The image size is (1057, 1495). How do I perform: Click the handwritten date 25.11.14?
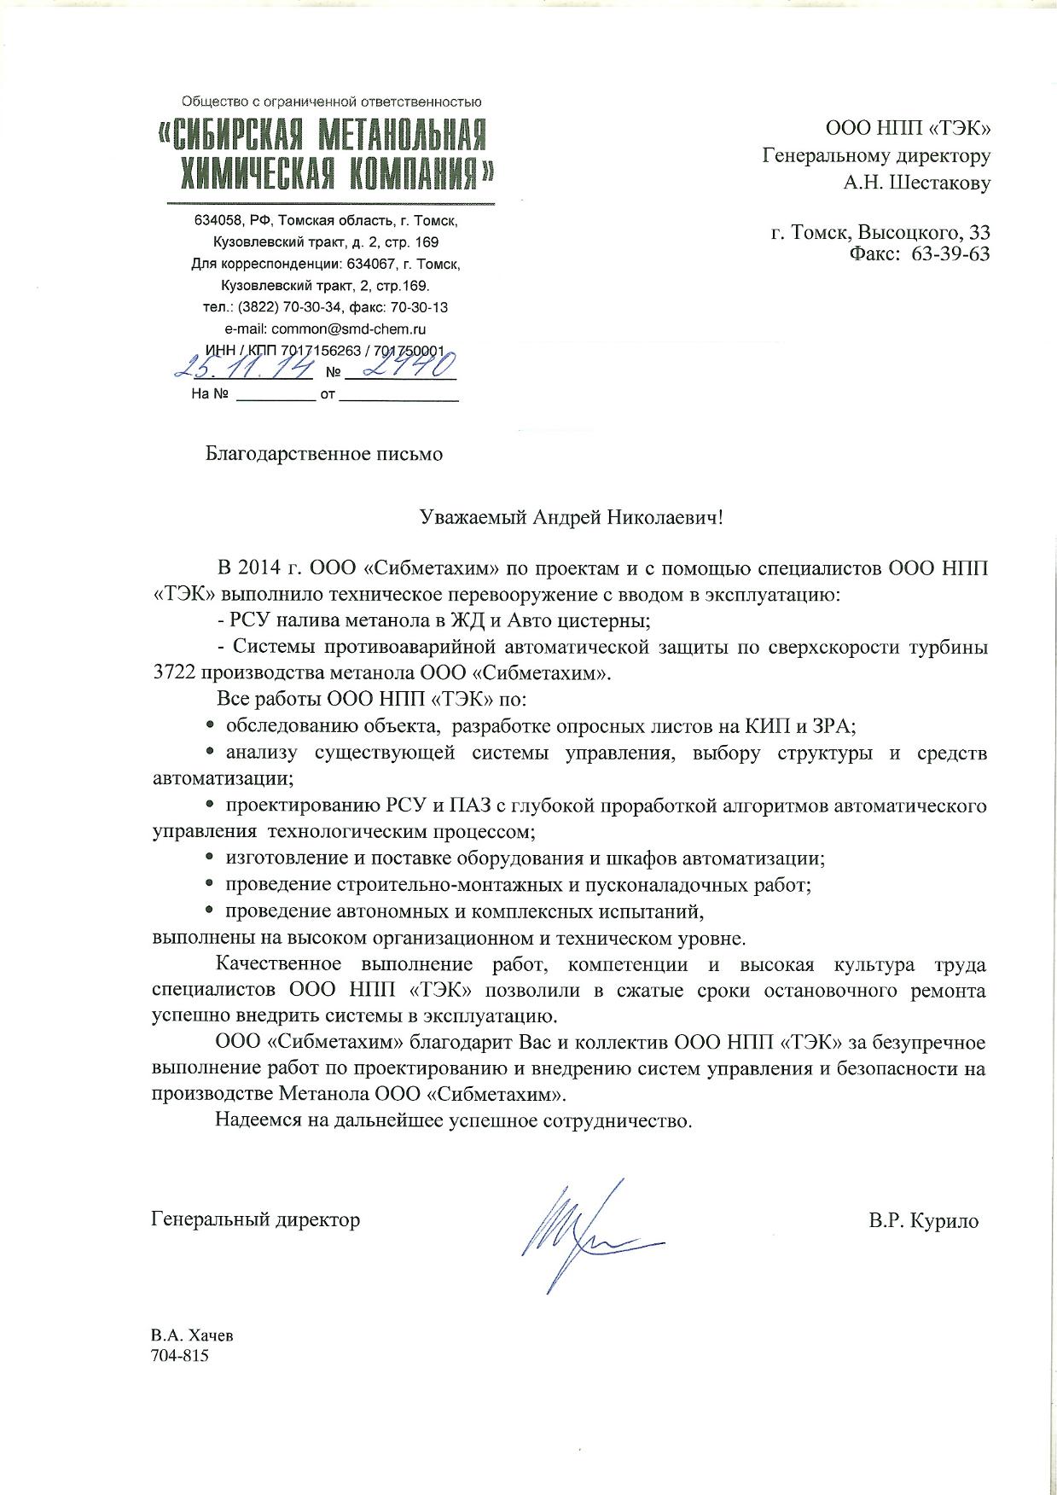[x=244, y=369]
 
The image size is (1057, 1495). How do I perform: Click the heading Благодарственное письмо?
[x=324, y=453]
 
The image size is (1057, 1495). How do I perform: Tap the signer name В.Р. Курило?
[x=924, y=1221]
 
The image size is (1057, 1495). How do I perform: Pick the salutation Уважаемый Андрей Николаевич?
[x=572, y=517]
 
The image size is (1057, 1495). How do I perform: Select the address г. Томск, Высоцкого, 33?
[x=880, y=232]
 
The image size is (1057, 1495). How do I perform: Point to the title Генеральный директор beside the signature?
[x=255, y=1219]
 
